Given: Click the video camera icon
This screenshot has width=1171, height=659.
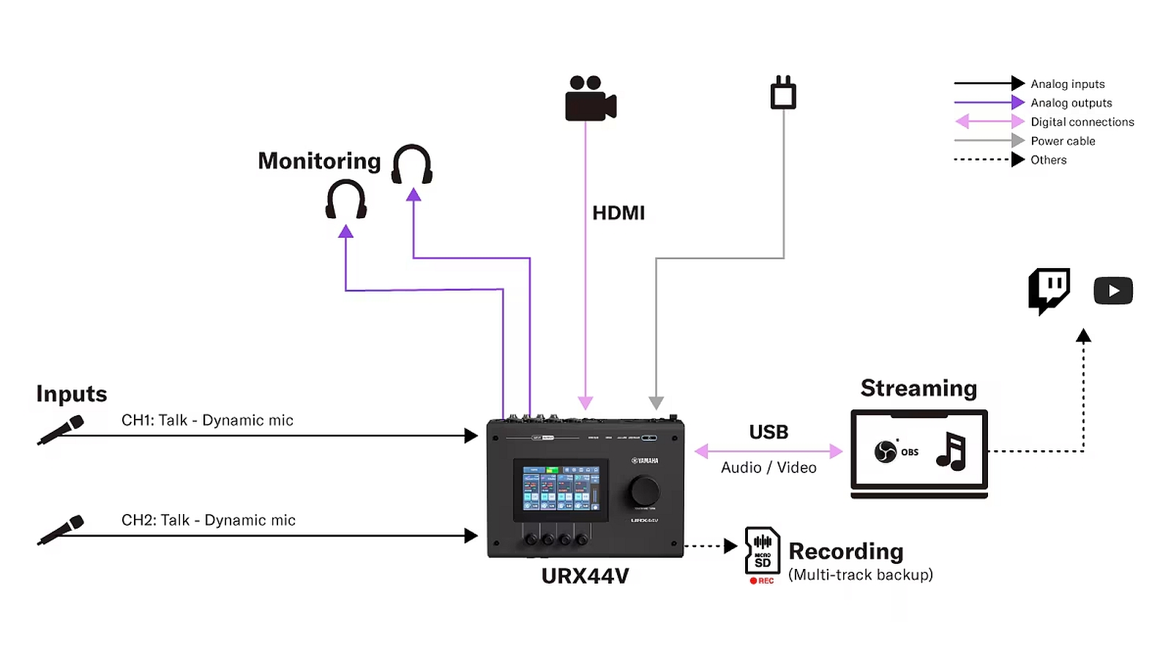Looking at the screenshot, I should click(590, 99).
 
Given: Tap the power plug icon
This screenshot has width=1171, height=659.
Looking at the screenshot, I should click(783, 93).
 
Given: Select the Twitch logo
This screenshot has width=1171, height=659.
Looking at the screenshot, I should click(1049, 290).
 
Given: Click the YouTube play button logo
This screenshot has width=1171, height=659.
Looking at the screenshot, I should click(1112, 291).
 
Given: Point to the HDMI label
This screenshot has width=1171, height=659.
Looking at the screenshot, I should click(618, 213).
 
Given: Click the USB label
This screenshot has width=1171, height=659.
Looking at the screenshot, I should click(768, 432).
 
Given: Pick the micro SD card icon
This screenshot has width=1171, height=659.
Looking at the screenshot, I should click(762, 551).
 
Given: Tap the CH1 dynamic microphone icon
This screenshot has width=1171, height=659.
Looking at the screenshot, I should click(61, 430).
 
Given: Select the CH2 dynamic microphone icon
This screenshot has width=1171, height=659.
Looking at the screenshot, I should click(61, 529).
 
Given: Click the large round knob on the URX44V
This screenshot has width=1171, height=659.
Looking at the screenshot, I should click(644, 491).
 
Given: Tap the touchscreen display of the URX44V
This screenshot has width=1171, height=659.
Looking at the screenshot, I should click(561, 489).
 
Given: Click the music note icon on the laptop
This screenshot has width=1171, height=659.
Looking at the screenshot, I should click(951, 451).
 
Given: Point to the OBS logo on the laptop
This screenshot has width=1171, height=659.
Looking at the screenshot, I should click(886, 452).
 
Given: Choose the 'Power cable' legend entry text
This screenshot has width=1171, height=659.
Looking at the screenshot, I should click(1063, 141).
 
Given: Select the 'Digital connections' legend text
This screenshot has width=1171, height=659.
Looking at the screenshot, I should click(1082, 122).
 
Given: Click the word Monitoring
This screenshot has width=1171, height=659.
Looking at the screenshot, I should click(319, 161).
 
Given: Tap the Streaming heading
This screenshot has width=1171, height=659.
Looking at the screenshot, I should click(919, 388).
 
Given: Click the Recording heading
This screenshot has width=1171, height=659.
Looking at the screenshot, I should click(845, 551).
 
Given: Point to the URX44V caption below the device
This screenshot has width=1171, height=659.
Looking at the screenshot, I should click(585, 576).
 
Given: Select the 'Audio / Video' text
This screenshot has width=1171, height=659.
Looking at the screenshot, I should click(768, 468).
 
